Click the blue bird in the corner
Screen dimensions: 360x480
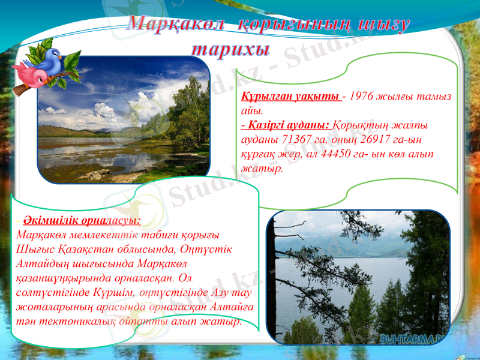53,59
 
